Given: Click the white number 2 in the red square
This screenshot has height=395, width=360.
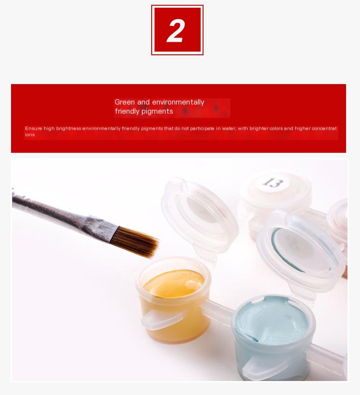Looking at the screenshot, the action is [176, 31].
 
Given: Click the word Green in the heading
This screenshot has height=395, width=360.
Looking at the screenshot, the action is [124, 102].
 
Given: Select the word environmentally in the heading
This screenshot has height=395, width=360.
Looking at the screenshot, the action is [178, 102].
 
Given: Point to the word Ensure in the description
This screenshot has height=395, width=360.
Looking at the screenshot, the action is [34, 128].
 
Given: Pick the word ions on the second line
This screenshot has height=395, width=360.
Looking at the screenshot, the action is [30, 135].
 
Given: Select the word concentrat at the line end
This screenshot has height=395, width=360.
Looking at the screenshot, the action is [324, 128].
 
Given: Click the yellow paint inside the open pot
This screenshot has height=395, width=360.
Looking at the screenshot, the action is [175, 284].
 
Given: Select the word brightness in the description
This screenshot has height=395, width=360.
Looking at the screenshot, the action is [69, 128].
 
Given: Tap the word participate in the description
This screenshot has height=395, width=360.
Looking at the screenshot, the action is [202, 128].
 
